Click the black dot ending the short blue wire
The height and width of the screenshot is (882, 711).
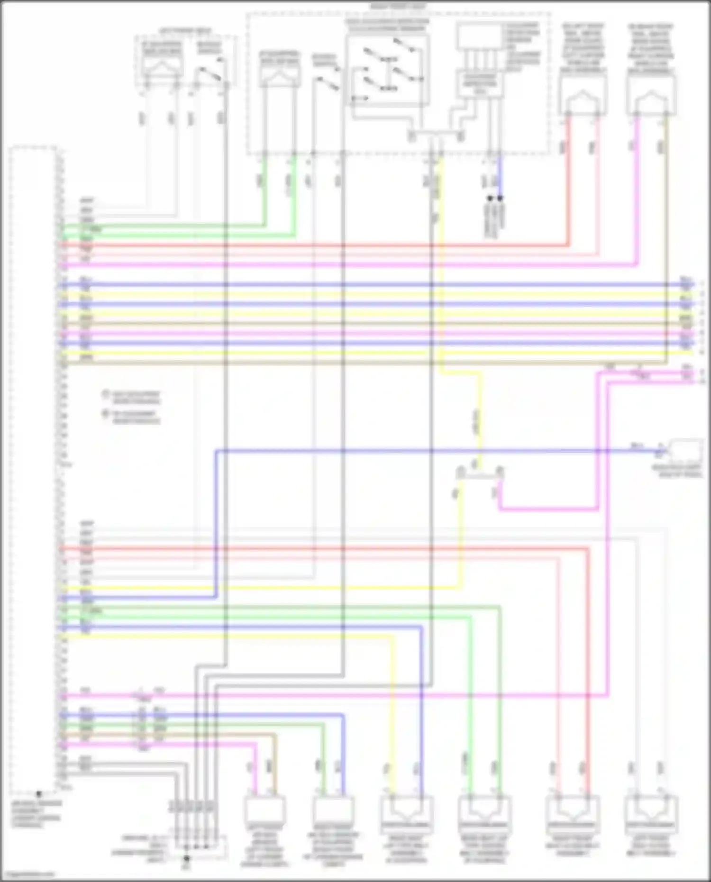[x=500, y=198]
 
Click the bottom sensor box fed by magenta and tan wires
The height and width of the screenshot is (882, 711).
[x=264, y=810]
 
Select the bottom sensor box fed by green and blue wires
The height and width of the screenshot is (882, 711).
[x=333, y=810]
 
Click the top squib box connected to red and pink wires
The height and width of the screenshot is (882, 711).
[x=583, y=94]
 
